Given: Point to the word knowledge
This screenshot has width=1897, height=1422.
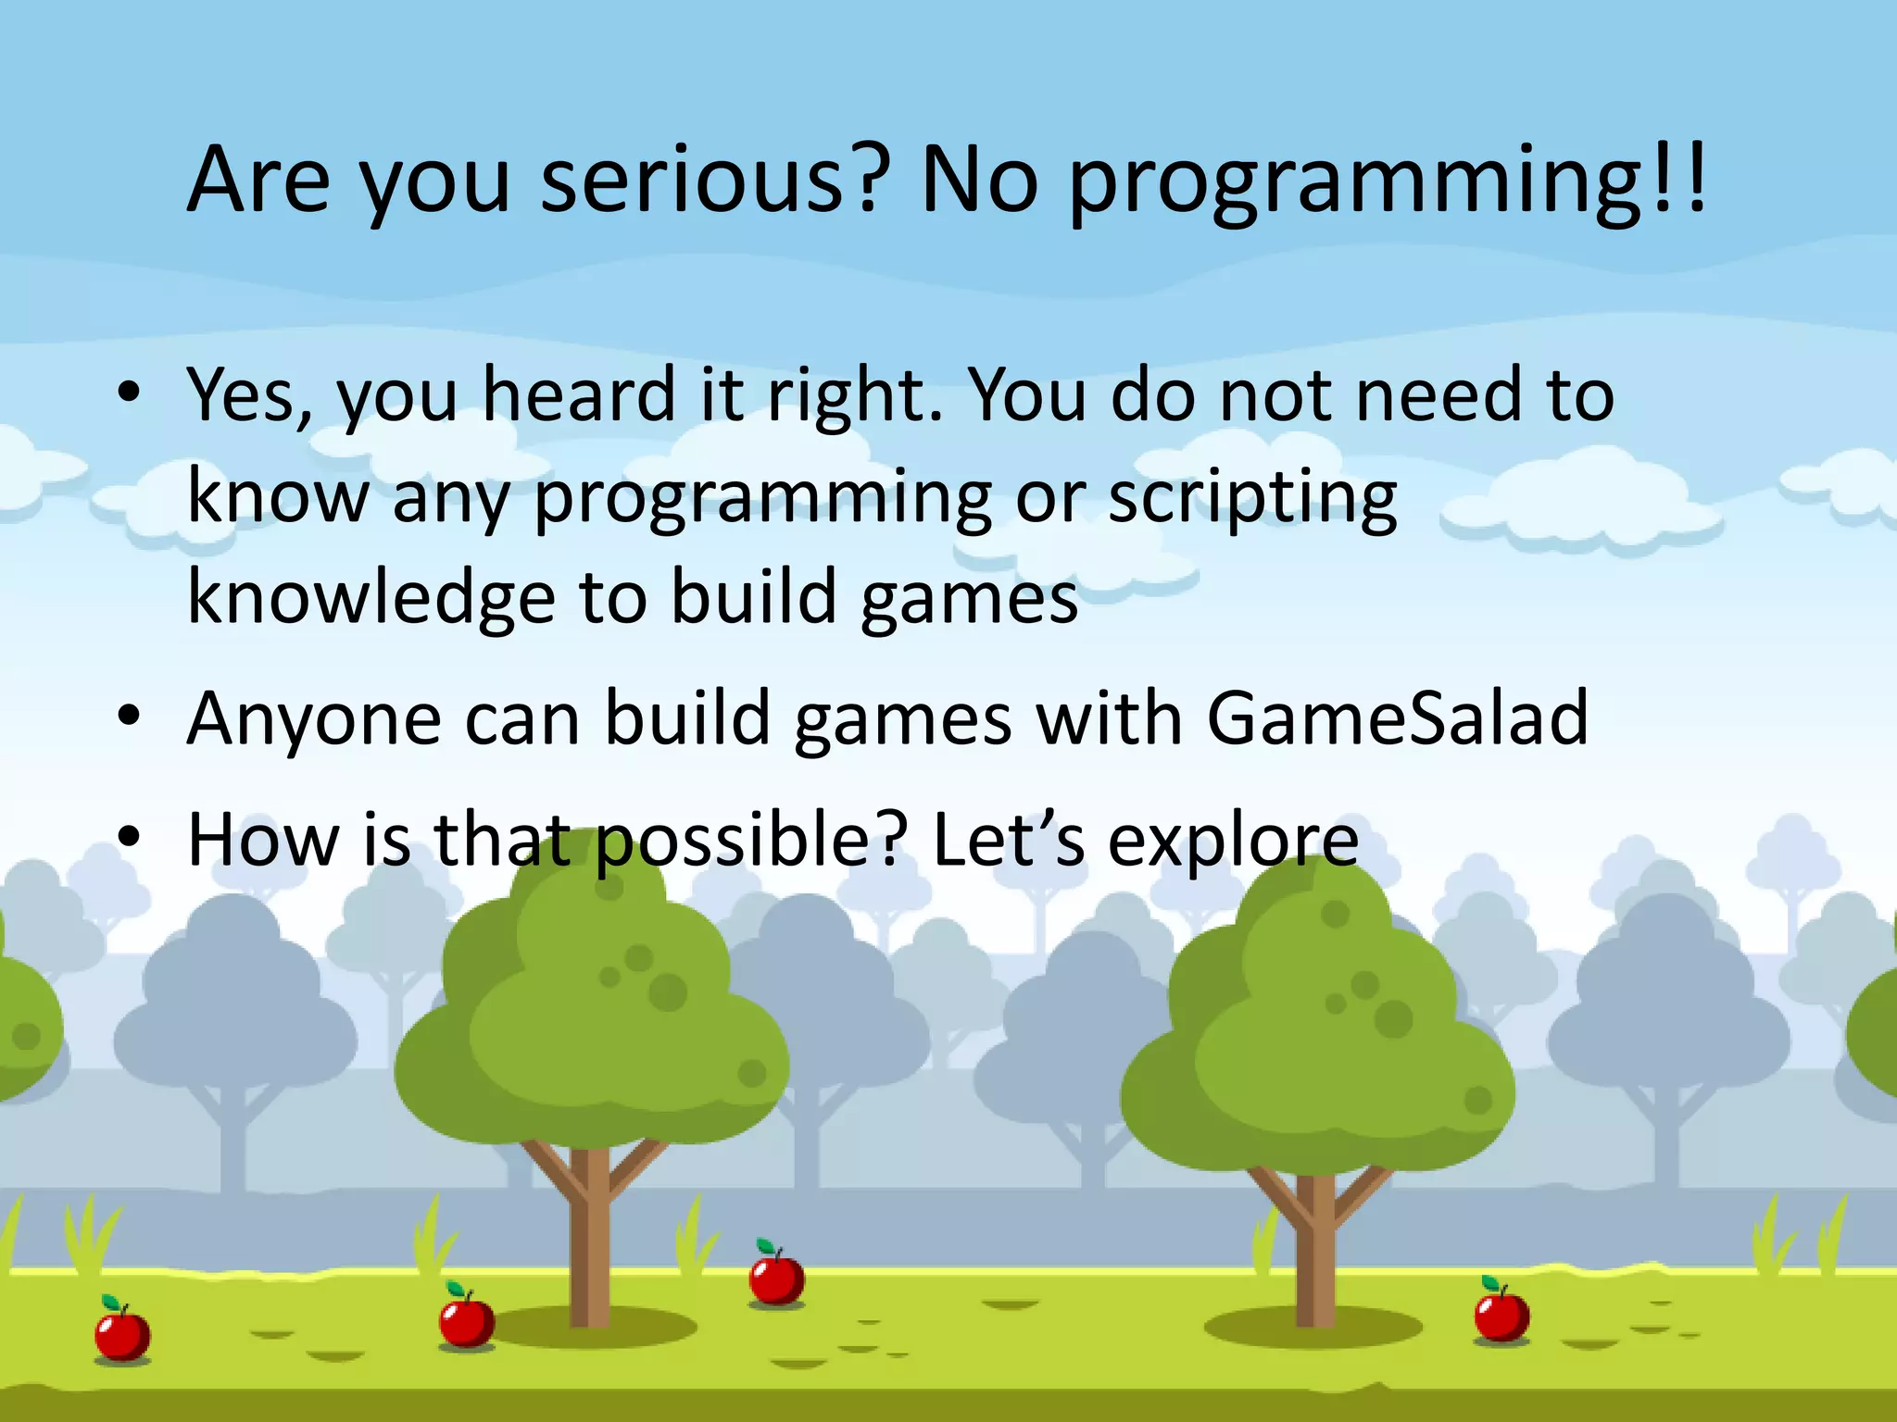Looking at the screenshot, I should (x=371, y=598).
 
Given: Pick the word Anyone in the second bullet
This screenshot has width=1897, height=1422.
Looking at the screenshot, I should (x=314, y=720).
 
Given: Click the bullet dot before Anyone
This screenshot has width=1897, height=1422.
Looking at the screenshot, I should (x=129, y=715).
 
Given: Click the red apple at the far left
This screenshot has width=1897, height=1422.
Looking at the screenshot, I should (x=122, y=1333).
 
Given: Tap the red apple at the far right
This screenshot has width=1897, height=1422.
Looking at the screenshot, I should (x=1501, y=1314).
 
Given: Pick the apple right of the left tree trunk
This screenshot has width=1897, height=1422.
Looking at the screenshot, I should (x=776, y=1279).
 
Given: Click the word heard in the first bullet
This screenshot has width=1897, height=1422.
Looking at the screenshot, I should (x=579, y=396).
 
